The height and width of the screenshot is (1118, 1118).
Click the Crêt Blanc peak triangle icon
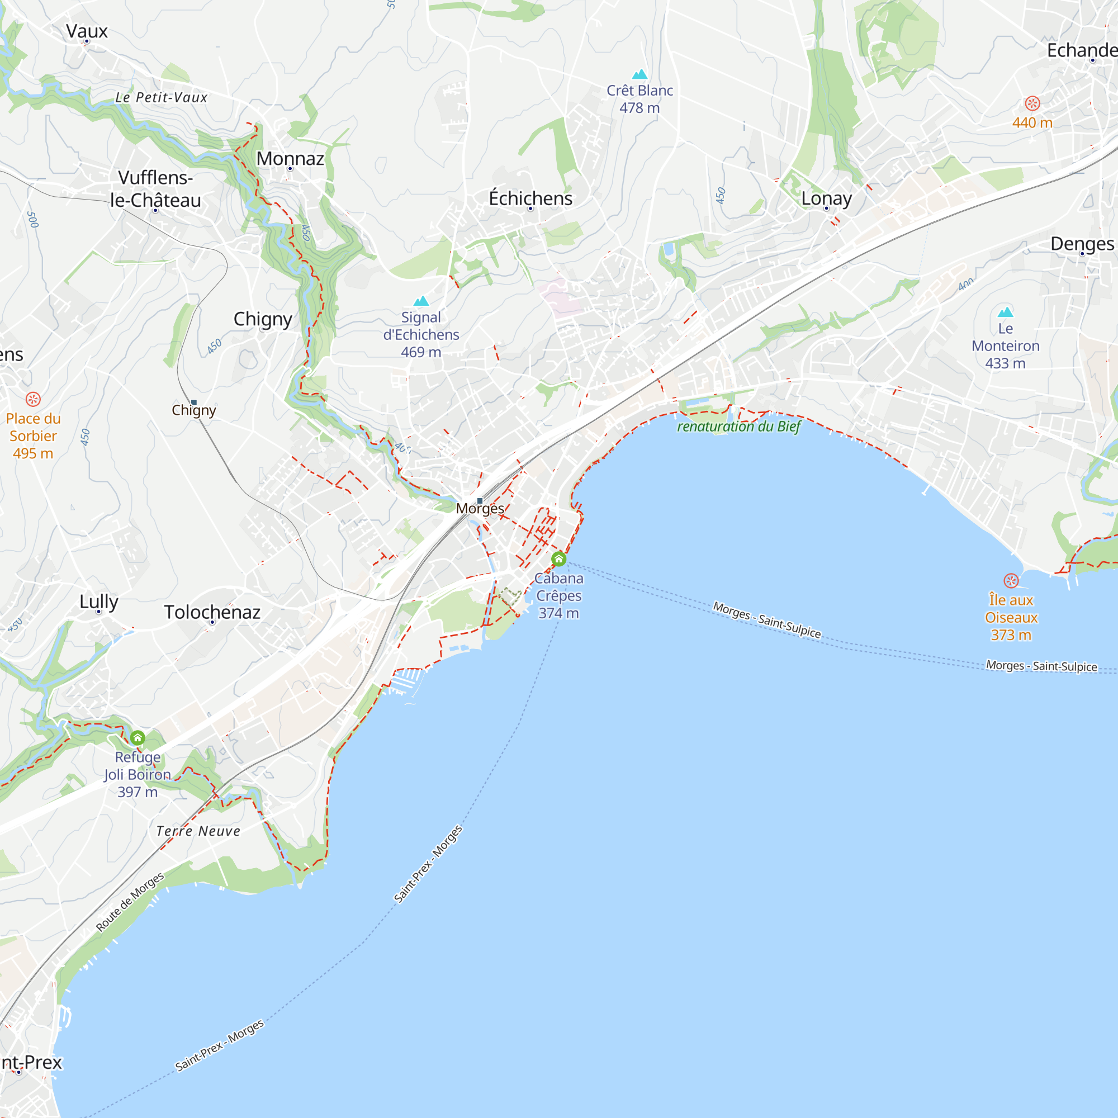(x=639, y=74)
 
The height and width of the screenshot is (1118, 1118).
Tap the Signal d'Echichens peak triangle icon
(x=421, y=301)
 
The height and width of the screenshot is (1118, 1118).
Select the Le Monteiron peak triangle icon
(x=1006, y=312)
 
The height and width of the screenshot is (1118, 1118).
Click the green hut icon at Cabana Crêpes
(x=558, y=559)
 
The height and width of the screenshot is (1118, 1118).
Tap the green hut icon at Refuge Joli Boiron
(x=138, y=738)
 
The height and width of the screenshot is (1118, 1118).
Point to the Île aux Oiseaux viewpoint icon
(x=1011, y=580)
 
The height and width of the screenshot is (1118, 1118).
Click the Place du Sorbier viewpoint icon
(x=33, y=399)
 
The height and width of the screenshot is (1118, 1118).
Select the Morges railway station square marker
(x=480, y=500)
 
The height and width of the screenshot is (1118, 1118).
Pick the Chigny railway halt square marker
(x=194, y=402)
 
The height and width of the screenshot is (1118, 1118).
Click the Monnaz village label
(x=290, y=159)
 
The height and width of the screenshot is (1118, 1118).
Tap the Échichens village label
(x=530, y=198)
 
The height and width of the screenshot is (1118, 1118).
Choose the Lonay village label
(x=826, y=198)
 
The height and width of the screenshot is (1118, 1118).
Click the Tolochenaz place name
(x=212, y=612)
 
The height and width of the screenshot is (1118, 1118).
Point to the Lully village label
(x=99, y=602)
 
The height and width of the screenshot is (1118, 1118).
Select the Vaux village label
(x=87, y=31)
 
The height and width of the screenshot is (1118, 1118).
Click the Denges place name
(x=1082, y=244)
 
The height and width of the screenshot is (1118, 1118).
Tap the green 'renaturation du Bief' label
(x=739, y=427)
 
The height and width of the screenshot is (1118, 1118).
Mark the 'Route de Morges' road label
(x=130, y=902)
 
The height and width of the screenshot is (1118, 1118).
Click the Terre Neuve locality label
(x=198, y=832)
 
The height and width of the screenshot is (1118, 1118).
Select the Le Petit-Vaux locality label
(x=162, y=98)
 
